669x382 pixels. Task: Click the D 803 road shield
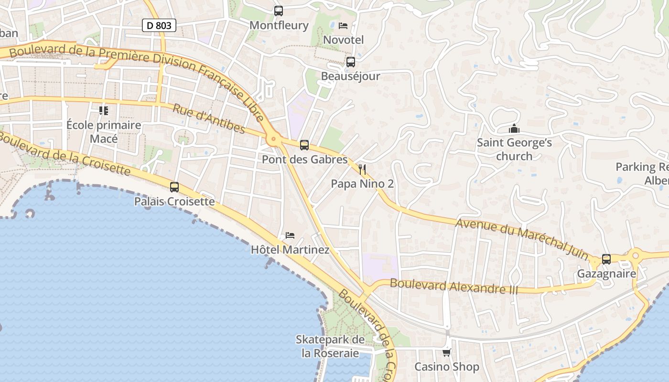coord(159,25)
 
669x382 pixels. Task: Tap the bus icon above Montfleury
coord(278,11)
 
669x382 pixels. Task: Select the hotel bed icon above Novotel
coord(343,25)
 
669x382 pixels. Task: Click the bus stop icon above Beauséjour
coord(351,62)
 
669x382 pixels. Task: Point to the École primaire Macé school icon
coord(104,111)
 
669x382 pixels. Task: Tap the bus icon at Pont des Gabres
coord(304,145)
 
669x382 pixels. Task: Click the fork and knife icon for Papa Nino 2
coord(362,169)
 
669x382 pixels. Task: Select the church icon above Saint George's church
coord(514,128)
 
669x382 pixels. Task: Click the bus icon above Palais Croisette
coord(174,187)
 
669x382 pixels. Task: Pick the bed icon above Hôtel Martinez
coord(290,235)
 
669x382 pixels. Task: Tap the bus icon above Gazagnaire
coord(606,259)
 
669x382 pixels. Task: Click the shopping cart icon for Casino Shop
coord(446,352)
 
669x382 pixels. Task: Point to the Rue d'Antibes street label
coord(209,119)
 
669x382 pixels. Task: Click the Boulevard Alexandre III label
coord(454,286)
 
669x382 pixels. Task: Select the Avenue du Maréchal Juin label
coord(522,238)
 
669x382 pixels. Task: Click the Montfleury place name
coord(279,25)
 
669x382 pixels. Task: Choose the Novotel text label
coord(344,40)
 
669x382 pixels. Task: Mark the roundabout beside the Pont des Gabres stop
coord(273,139)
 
